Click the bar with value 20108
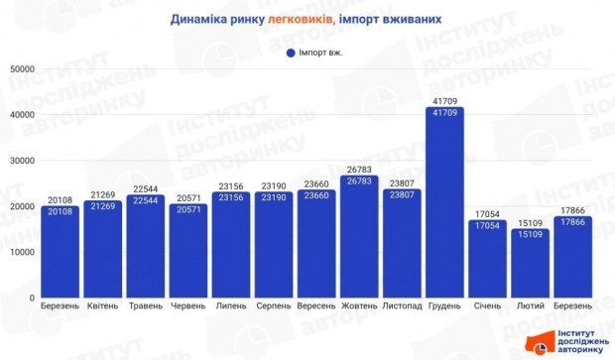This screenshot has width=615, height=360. (61, 252)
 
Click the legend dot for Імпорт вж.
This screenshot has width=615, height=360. (291, 52)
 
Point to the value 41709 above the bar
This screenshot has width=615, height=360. (444, 100)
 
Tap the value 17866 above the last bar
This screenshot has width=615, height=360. (573, 209)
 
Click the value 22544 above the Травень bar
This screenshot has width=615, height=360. (146, 188)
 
